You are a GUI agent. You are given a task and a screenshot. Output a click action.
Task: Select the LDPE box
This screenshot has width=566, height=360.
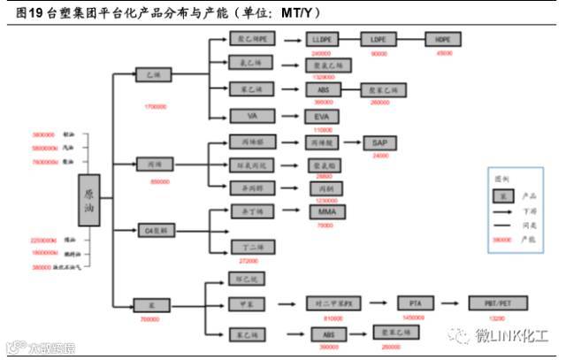pos(379,40)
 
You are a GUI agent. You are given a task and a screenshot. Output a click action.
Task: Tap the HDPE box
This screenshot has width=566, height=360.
pos(443,40)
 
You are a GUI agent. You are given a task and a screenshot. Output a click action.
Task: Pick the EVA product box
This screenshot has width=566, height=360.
pos(321,116)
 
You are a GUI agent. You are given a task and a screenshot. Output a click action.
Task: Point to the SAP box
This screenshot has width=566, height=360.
pos(380,142)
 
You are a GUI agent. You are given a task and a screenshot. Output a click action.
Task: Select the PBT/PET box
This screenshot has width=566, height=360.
pos(495,303)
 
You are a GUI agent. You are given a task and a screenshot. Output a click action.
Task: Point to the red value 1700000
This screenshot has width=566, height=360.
pos(155,106)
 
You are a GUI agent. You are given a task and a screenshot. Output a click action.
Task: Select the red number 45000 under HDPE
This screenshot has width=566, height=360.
pos(443,53)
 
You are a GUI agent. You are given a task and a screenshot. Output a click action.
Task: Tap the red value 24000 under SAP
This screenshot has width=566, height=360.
pos(380,155)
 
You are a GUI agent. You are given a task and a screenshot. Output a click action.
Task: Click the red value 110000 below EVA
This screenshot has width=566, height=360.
pos(321,129)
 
